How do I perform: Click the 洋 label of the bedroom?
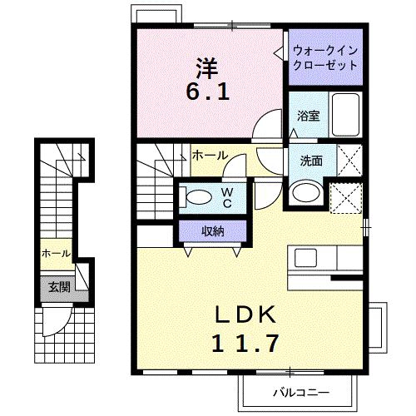pyautogui.click(x=207, y=68)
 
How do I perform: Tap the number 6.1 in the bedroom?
pyautogui.click(x=208, y=92)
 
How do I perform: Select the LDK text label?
pyautogui.click(x=246, y=314)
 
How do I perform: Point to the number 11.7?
pyautogui.click(x=245, y=344)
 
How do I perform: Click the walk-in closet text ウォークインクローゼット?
pyautogui.click(x=325, y=58)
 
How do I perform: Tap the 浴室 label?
pyautogui.click(x=309, y=116)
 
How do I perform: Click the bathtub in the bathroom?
pyautogui.click(x=345, y=115)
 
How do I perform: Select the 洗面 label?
pyautogui.click(x=311, y=161)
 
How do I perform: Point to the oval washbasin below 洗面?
pyautogui.click(x=306, y=192)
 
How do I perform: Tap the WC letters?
pyautogui.click(x=227, y=197)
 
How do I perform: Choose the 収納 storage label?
pyautogui.click(x=213, y=231)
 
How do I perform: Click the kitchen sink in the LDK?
pyautogui.click(x=305, y=258)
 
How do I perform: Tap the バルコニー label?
pyautogui.click(x=301, y=393)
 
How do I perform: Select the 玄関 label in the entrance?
pyautogui.click(x=59, y=287)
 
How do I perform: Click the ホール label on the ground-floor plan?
pyautogui.click(x=56, y=253)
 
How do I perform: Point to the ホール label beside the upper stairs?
pyautogui.click(x=210, y=156)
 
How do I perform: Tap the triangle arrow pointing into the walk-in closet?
pyautogui.click(x=279, y=52)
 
